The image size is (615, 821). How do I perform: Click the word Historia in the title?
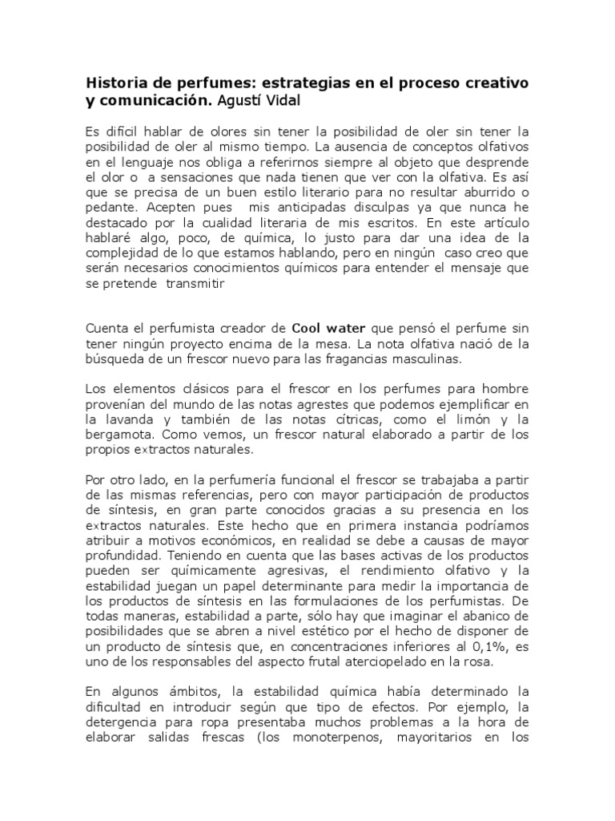114,84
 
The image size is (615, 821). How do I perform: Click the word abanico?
487,617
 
